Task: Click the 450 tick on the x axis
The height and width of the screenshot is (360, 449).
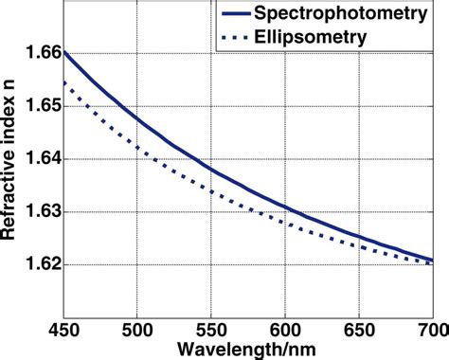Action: pyautogui.click(x=63, y=329)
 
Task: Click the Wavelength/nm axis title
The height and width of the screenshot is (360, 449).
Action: pyautogui.click(x=247, y=349)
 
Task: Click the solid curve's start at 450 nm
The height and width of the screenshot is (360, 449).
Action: pyautogui.click(x=63, y=51)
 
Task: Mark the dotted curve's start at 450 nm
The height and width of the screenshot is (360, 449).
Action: pyautogui.click(x=63, y=82)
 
